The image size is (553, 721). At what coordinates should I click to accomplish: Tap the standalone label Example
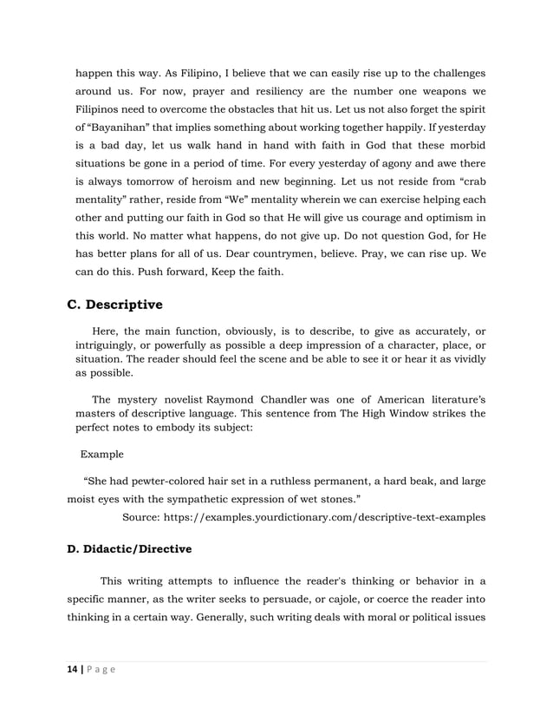coord(102,454)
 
